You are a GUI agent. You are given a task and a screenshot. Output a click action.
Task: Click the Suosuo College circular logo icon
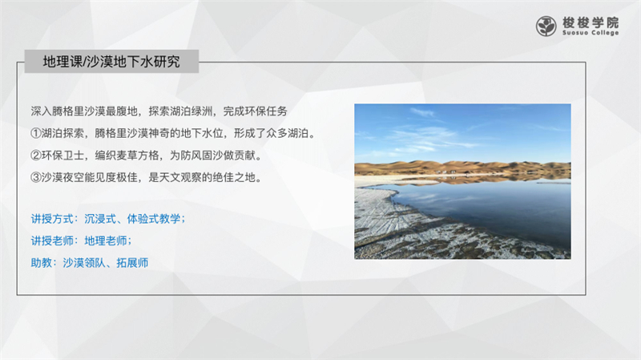546,26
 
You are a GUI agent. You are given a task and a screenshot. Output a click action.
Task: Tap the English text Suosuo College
591,33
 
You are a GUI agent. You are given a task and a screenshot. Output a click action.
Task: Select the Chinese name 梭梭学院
591,22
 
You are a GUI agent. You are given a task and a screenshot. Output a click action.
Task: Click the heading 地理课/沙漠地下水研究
111,62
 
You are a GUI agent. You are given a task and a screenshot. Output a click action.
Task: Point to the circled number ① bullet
36,133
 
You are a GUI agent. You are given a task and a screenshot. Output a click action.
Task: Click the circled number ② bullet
36,156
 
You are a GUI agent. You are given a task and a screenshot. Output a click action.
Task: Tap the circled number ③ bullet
36,177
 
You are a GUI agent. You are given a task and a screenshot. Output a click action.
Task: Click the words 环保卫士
62,156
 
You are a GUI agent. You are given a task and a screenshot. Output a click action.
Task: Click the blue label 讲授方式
52,219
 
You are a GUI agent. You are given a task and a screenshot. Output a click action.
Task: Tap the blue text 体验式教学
153,219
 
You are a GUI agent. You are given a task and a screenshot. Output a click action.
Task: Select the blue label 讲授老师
52,241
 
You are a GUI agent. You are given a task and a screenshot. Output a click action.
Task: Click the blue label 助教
42,263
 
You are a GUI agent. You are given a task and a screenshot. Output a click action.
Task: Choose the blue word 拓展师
132,263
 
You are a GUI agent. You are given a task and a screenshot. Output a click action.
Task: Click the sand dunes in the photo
462,168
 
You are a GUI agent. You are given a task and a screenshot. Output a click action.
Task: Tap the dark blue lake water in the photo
490,208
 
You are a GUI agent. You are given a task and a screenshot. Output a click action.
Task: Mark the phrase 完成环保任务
255,111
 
